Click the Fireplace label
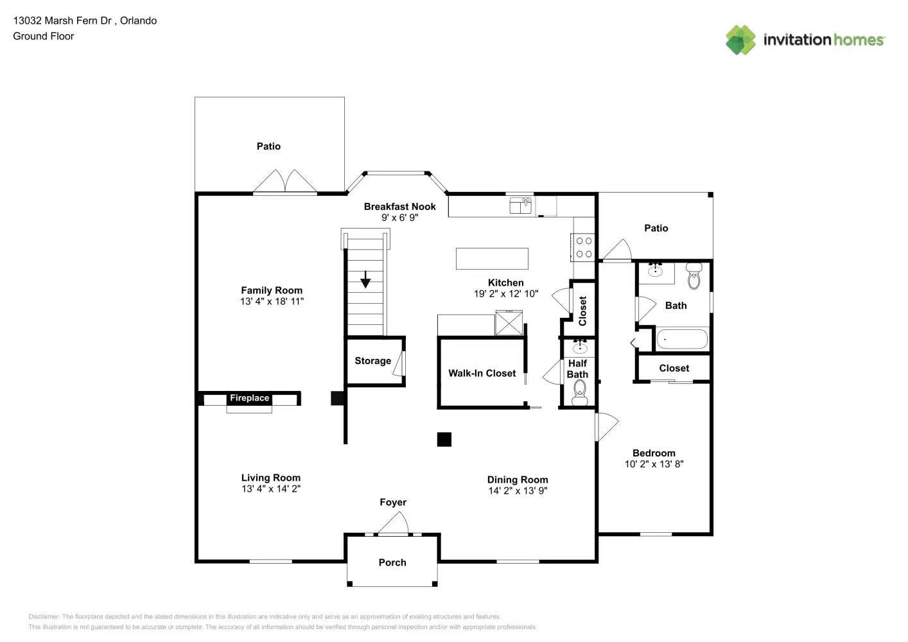pos(249,398)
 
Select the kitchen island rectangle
pos(492,259)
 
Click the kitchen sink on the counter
pos(521,205)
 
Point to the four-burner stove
pos(584,247)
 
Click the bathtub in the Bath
pos(682,339)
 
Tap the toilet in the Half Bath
pos(580,393)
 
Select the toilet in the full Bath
pos(694,276)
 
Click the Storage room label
pos(373,361)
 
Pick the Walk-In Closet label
pos(482,373)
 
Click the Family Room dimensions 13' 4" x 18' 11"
pos(272,301)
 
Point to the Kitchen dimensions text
pos(506,293)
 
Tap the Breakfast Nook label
pos(399,207)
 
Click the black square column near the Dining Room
pos(444,439)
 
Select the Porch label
pos(392,562)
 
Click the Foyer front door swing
pos(393,523)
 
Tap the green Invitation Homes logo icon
pos(740,40)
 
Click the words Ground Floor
pos(44,36)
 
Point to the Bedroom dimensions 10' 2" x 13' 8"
pos(654,464)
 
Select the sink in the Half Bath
pos(580,346)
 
